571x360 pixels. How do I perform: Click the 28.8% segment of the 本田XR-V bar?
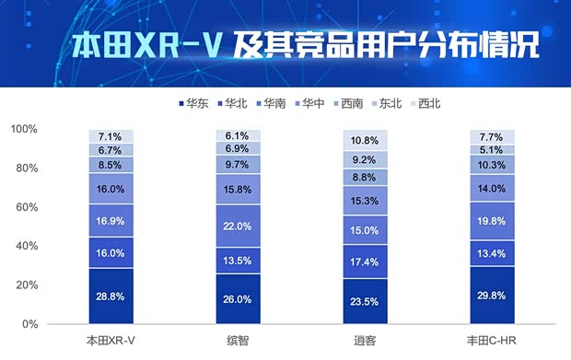(111, 295)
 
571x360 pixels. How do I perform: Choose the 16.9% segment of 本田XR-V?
(111, 221)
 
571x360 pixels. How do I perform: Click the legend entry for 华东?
(191, 103)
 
